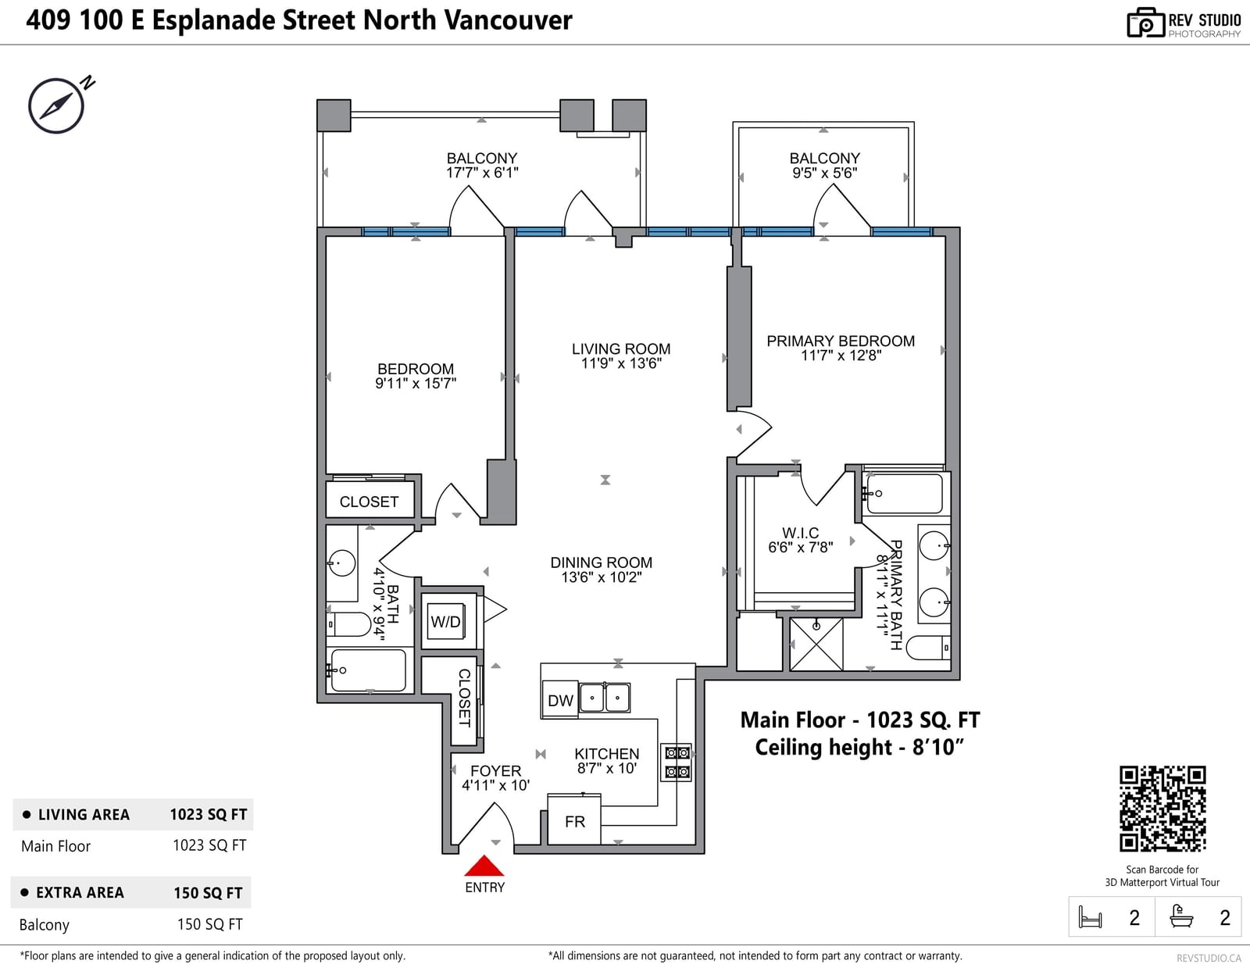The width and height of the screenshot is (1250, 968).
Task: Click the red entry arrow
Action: (484, 866)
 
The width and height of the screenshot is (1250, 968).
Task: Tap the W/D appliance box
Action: (446, 621)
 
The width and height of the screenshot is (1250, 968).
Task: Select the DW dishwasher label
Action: (560, 701)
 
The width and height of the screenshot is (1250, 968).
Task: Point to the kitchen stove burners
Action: (677, 763)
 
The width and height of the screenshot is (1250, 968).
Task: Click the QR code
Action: (1162, 809)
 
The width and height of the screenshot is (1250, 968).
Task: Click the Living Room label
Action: (621, 349)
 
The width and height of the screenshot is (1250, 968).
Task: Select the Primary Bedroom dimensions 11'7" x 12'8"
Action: (841, 356)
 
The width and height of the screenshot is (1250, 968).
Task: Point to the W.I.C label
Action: (800, 533)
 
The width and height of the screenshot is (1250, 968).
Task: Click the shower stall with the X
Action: (816, 645)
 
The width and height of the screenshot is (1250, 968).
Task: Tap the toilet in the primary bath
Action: (928, 648)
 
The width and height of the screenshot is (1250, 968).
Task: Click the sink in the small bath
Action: (341, 563)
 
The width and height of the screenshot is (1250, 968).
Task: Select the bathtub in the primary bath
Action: (904, 494)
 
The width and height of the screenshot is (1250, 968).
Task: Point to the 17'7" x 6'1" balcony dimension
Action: (482, 173)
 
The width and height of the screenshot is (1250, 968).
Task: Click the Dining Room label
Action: (601, 563)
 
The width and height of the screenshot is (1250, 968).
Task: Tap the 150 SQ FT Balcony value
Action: (210, 924)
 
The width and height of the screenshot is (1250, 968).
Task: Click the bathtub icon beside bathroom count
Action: (1181, 916)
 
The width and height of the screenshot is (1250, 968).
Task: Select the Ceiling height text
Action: (859, 747)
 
